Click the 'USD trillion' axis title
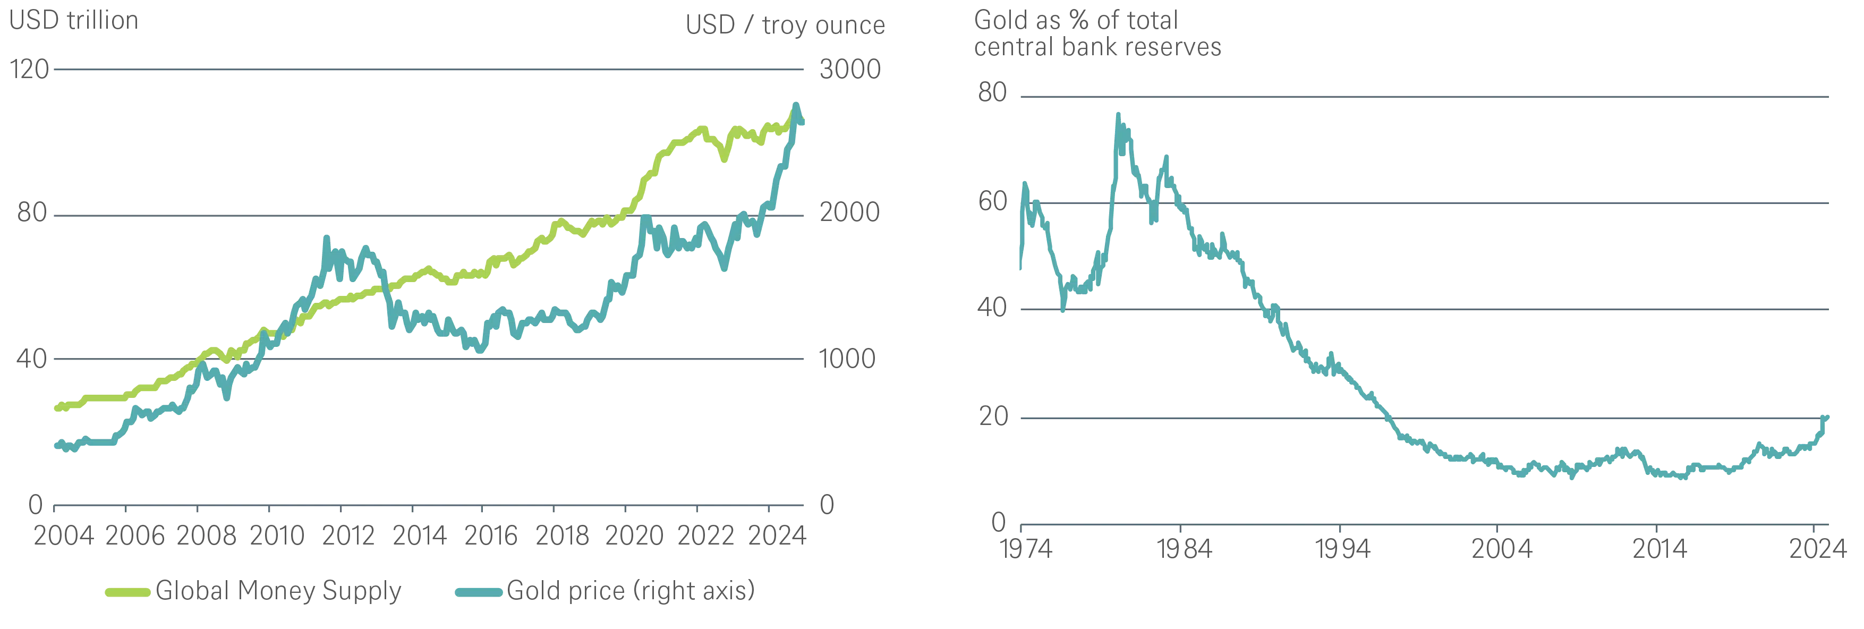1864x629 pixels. (73, 20)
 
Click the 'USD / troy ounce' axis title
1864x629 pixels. (785, 25)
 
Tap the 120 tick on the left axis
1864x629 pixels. (29, 70)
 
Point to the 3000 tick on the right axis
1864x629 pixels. (849, 70)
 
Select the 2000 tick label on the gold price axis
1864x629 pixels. (849, 213)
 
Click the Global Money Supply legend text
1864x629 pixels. (278, 591)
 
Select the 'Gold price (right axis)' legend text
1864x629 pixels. (630, 591)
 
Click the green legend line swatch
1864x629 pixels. (127, 593)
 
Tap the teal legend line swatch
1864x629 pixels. (478, 593)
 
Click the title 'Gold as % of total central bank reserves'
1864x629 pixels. (1097, 33)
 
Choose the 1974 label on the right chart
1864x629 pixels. (1025, 549)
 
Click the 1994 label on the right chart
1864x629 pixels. (1342, 549)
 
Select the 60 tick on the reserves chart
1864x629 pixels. (992, 202)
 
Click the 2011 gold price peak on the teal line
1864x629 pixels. (326, 238)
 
